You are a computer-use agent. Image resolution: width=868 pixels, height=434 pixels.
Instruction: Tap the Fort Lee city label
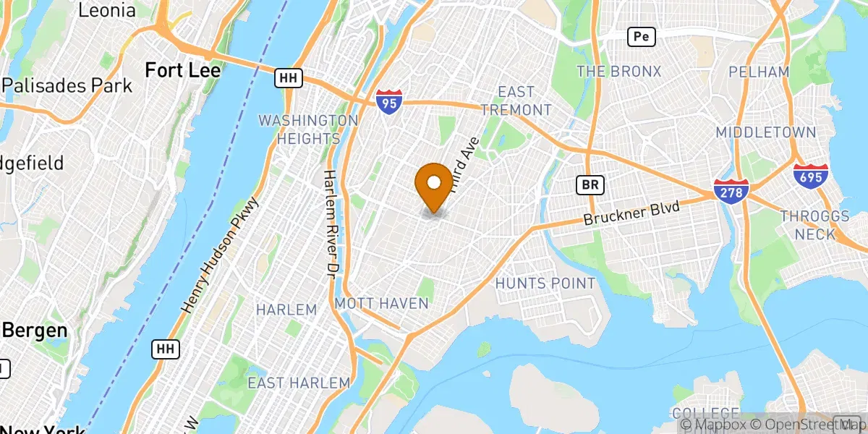(x=182, y=70)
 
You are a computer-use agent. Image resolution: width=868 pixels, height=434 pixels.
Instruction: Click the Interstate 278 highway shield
(x=730, y=190)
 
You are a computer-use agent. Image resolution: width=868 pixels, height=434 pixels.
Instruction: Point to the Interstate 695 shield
(x=810, y=176)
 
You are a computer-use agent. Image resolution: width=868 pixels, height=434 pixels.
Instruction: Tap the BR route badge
(x=590, y=185)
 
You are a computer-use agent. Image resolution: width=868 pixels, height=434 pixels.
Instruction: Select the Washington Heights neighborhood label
(x=308, y=129)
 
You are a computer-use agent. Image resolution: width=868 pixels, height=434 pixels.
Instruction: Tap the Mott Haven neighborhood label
(x=381, y=303)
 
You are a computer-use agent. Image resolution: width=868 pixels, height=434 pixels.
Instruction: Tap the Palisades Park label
(x=67, y=85)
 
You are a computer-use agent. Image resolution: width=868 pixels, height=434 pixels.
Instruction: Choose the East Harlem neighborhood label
(x=299, y=383)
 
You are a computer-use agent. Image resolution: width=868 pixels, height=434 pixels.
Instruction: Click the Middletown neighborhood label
(x=766, y=132)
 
